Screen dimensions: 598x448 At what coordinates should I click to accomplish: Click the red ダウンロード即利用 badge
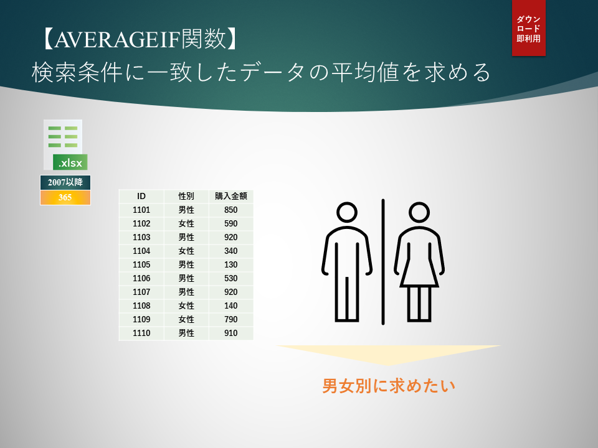[x=529, y=28]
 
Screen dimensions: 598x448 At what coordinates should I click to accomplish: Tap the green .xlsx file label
[x=70, y=162]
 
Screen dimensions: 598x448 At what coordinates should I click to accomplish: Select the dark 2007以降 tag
[x=65, y=182]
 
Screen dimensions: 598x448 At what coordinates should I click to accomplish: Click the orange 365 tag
[x=65, y=197]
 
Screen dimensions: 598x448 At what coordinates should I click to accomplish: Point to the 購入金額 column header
[x=231, y=196]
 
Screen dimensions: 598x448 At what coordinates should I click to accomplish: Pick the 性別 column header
[x=186, y=196]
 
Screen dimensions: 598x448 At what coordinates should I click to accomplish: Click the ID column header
[x=141, y=196]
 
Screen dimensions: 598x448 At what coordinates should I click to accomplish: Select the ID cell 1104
[x=141, y=251]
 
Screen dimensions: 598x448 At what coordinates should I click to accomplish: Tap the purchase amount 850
[x=231, y=210]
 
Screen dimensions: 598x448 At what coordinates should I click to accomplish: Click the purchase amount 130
[x=231, y=265]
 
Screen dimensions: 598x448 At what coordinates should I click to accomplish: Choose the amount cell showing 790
[x=231, y=320]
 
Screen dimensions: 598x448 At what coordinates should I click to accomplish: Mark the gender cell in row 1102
[x=186, y=223]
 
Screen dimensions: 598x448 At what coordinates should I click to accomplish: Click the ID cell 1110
[x=141, y=334]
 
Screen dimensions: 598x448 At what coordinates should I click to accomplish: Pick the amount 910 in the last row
[x=231, y=334]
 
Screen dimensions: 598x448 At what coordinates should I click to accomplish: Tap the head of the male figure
[x=347, y=212]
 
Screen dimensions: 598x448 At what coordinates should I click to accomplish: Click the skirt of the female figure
[x=419, y=272]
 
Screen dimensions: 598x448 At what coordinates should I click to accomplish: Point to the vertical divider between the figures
[x=383, y=262]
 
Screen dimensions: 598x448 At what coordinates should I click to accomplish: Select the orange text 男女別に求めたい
[x=389, y=386]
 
